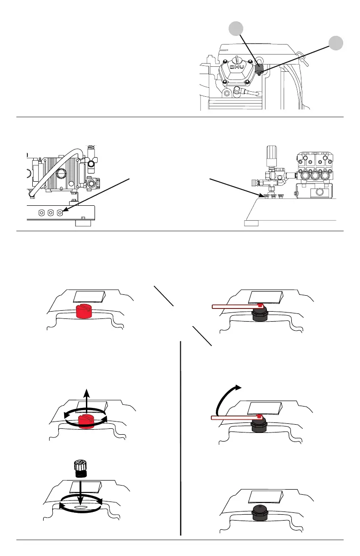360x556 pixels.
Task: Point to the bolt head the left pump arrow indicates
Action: (x=60, y=212)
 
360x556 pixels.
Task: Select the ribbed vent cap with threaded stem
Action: (x=80, y=467)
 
